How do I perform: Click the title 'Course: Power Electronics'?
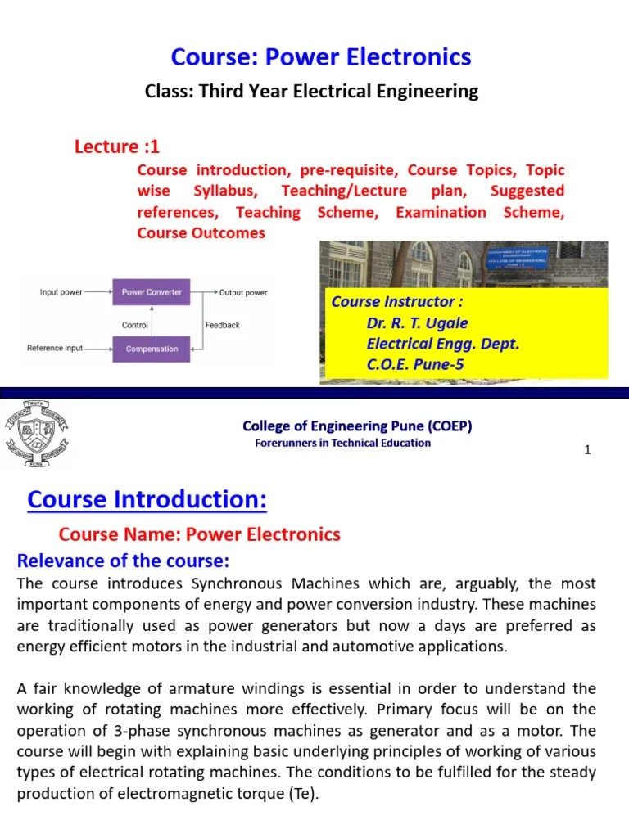point(321,56)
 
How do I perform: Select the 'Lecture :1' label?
point(117,146)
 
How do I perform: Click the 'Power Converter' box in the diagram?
point(152,292)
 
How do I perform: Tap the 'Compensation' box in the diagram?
point(152,349)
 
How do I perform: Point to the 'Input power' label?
point(61,292)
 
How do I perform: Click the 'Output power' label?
point(243,292)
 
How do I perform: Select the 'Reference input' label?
point(55,348)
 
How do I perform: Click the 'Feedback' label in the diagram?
point(222,325)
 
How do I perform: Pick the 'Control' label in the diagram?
point(135,325)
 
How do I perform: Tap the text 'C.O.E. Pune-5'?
point(415,365)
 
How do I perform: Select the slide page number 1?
point(587,450)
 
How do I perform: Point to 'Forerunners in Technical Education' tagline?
point(342,443)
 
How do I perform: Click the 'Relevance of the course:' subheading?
point(124,561)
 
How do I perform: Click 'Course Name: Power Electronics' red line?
point(199,534)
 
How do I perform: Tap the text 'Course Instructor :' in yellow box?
point(391,301)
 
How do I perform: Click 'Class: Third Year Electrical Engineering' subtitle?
point(311,91)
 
